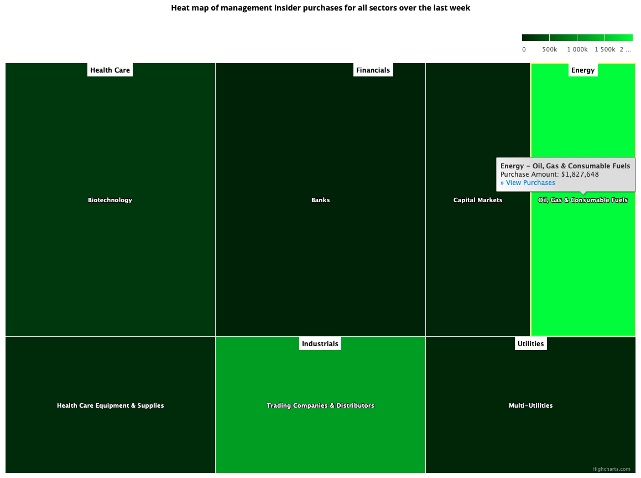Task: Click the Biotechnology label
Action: [x=110, y=200]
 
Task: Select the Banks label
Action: [x=320, y=200]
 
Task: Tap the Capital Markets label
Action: [x=478, y=200]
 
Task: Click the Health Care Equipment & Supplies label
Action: [x=110, y=405]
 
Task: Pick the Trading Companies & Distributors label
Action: [x=320, y=405]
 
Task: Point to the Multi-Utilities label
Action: [x=530, y=405]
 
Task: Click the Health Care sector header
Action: [x=110, y=70]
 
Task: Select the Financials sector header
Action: [x=373, y=70]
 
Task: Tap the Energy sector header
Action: [x=583, y=70]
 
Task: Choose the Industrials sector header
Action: [x=320, y=343]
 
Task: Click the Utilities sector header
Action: [x=530, y=343]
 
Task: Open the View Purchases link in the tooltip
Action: [x=528, y=183]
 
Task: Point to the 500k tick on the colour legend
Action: [x=550, y=49]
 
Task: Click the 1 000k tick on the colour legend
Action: [x=577, y=49]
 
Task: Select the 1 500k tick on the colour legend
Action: [x=605, y=49]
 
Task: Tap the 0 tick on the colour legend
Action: [x=524, y=49]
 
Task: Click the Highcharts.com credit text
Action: [x=611, y=469]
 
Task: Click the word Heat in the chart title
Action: [x=181, y=8]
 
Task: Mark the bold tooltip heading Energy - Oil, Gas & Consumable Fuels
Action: [x=565, y=166]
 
